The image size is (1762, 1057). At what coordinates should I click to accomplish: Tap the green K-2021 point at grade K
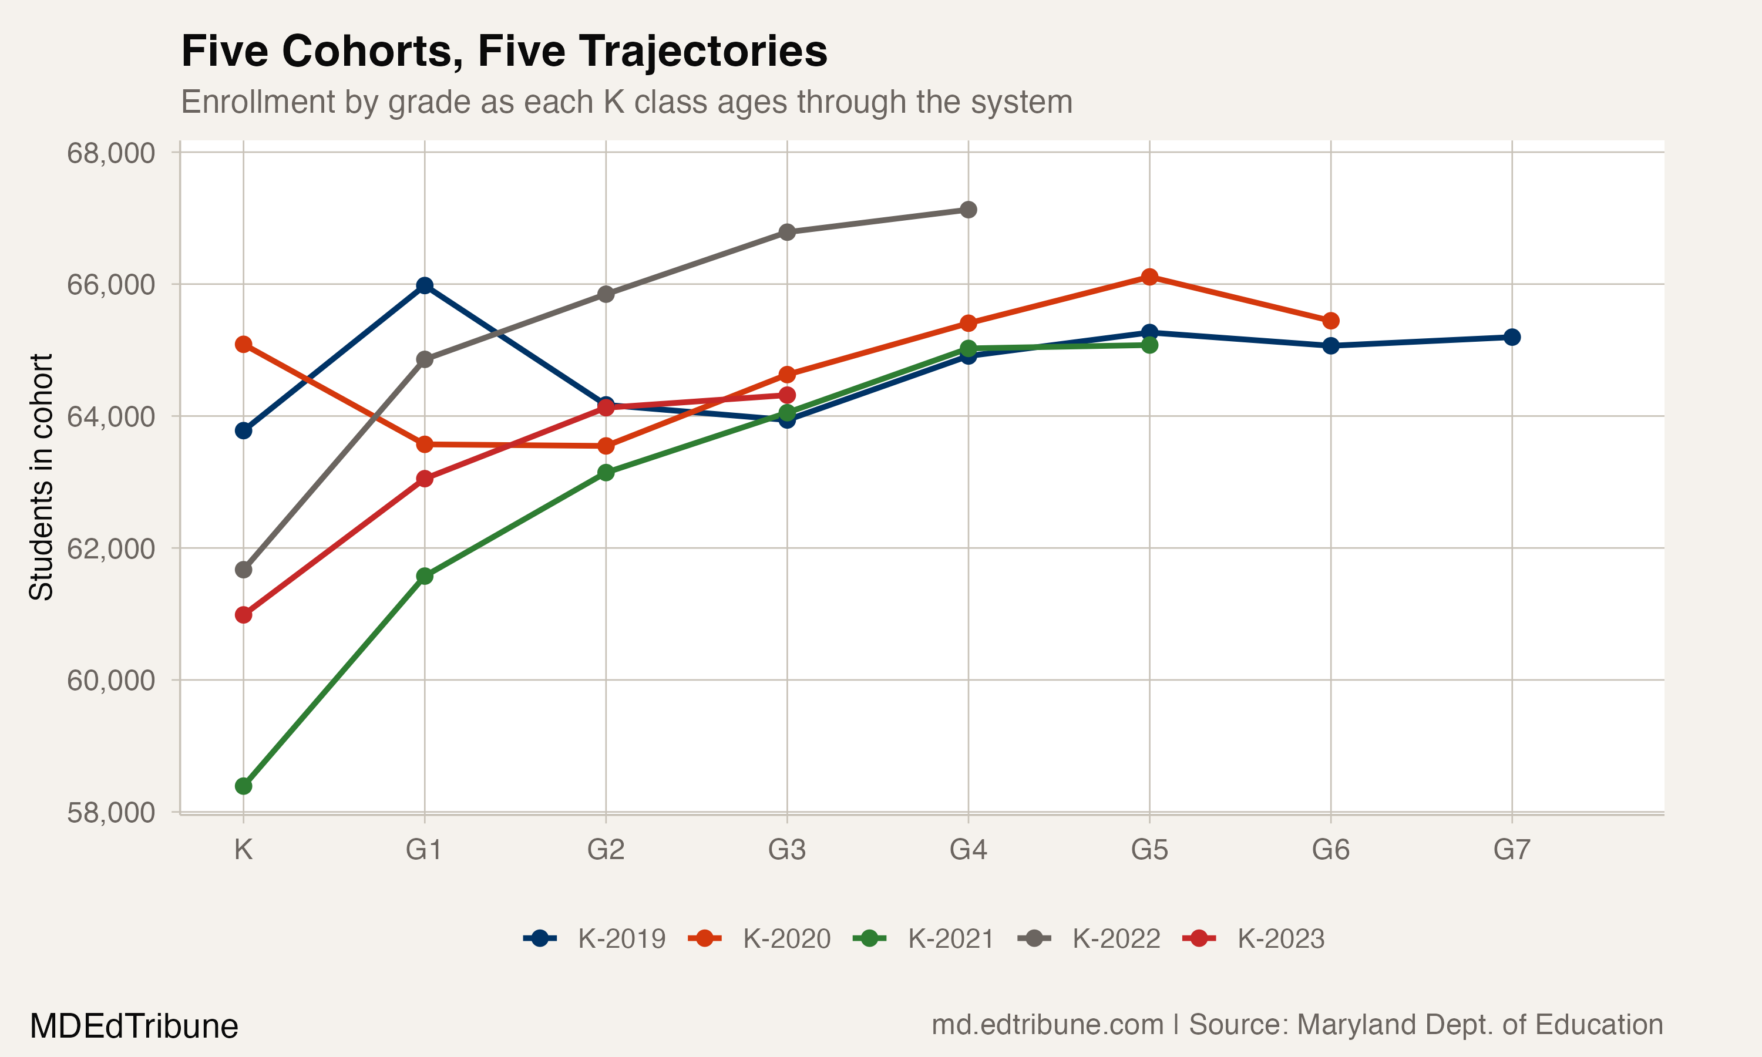[x=244, y=786]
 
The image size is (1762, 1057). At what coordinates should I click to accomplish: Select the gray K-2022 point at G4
[x=968, y=210]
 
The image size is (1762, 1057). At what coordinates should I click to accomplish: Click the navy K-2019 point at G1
[x=425, y=285]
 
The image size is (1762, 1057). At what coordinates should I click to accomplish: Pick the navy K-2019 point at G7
[x=1511, y=337]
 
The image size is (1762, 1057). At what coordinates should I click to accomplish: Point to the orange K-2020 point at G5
[x=1149, y=277]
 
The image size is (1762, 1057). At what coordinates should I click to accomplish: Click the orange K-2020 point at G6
[x=1330, y=321]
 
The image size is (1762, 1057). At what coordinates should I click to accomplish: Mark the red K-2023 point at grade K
[x=244, y=615]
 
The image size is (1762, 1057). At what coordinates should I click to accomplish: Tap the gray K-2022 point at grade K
[x=244, y=570]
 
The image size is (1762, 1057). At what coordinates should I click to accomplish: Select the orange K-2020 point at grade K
[x=244, y=345]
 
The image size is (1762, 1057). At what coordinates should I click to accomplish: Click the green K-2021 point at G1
[x=425, y=575]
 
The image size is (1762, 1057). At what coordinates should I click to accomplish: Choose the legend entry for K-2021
[x=924, y=939]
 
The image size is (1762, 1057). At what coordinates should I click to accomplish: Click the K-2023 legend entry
[x=1253, y=939]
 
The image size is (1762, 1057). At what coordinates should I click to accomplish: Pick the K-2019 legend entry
[x=595, y=939]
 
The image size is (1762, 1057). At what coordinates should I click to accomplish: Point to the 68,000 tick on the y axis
[x=110, y=153]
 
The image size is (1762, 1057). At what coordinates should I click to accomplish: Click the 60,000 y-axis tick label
[x=110, y=680]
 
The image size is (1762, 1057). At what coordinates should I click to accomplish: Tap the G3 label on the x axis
[x=787, y=850]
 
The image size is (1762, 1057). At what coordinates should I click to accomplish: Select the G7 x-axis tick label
[x=1511, y=850]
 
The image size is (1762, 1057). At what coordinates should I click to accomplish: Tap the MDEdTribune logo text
[x=134, y=1026]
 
